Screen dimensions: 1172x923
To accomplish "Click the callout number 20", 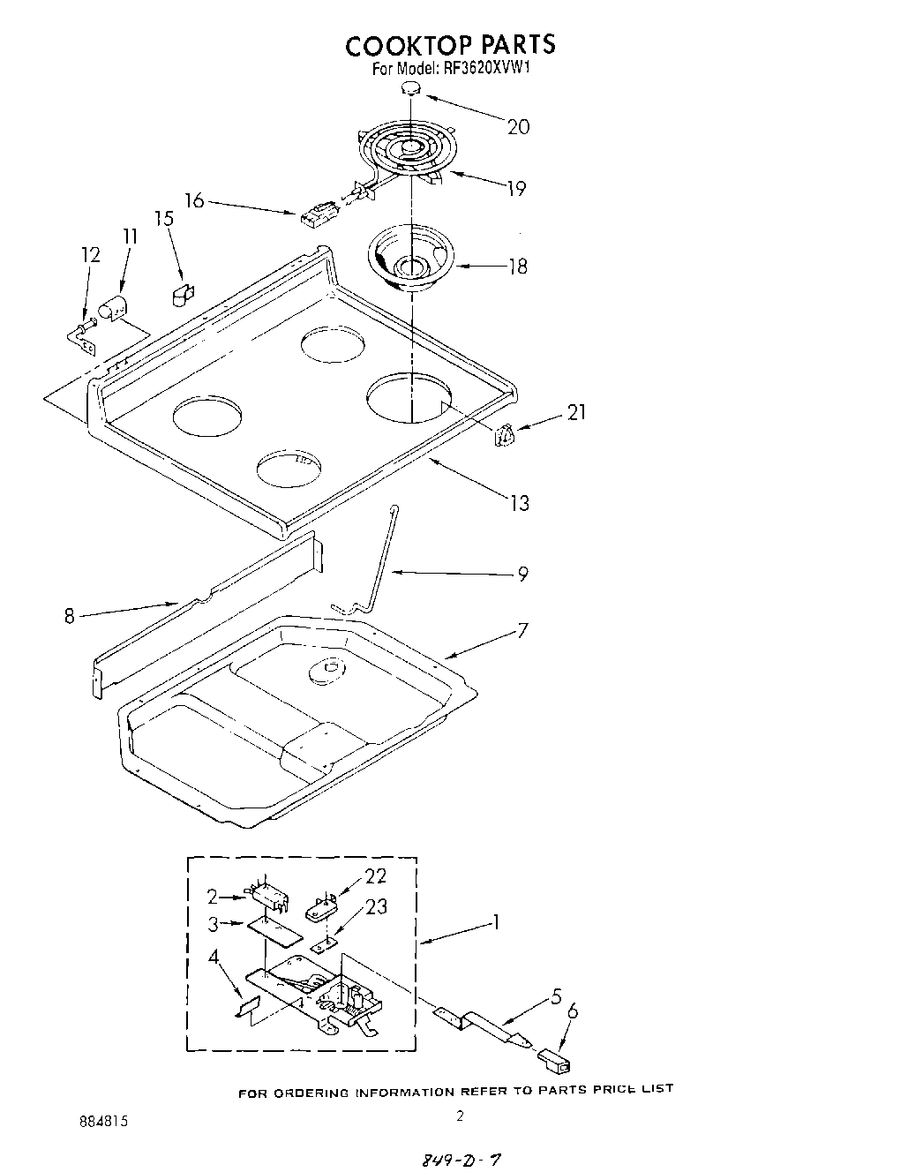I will coord(518,126).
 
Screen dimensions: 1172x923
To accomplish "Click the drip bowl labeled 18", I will coord(410,259).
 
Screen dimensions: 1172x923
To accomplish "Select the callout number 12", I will coord(91,256).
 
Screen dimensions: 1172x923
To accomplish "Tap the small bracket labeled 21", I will coord(505,434).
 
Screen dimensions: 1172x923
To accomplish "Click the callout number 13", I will coord(519,503).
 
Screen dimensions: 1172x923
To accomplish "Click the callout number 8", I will coord(70,616).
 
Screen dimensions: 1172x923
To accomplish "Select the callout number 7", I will coord(522,630).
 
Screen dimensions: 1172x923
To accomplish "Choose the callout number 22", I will coord(375,876).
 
